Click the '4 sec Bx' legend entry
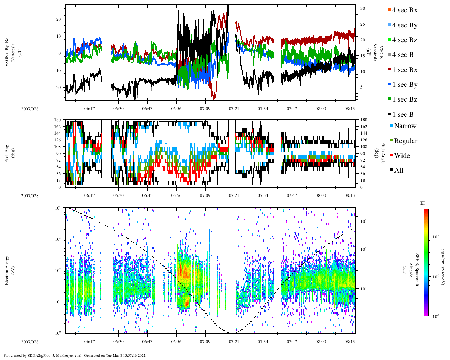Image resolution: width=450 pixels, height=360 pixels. point(404,10)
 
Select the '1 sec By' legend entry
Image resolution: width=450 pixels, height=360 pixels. point(404,85)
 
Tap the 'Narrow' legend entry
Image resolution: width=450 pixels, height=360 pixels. point(405,126)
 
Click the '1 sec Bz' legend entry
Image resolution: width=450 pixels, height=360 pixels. point(404,99)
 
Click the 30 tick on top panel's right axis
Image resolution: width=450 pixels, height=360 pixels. point(362,8)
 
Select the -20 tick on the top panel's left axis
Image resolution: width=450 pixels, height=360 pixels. point(58,88)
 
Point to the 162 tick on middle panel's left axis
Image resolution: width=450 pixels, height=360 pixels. point(58,127)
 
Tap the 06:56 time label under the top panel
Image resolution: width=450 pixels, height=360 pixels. point(176,109)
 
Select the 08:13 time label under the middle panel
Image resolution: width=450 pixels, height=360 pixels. point(349,195)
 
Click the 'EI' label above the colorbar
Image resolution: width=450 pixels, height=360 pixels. point(423,203)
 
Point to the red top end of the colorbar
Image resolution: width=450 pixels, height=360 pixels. point(426,211)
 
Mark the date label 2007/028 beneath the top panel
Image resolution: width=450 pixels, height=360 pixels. point(30,109)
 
